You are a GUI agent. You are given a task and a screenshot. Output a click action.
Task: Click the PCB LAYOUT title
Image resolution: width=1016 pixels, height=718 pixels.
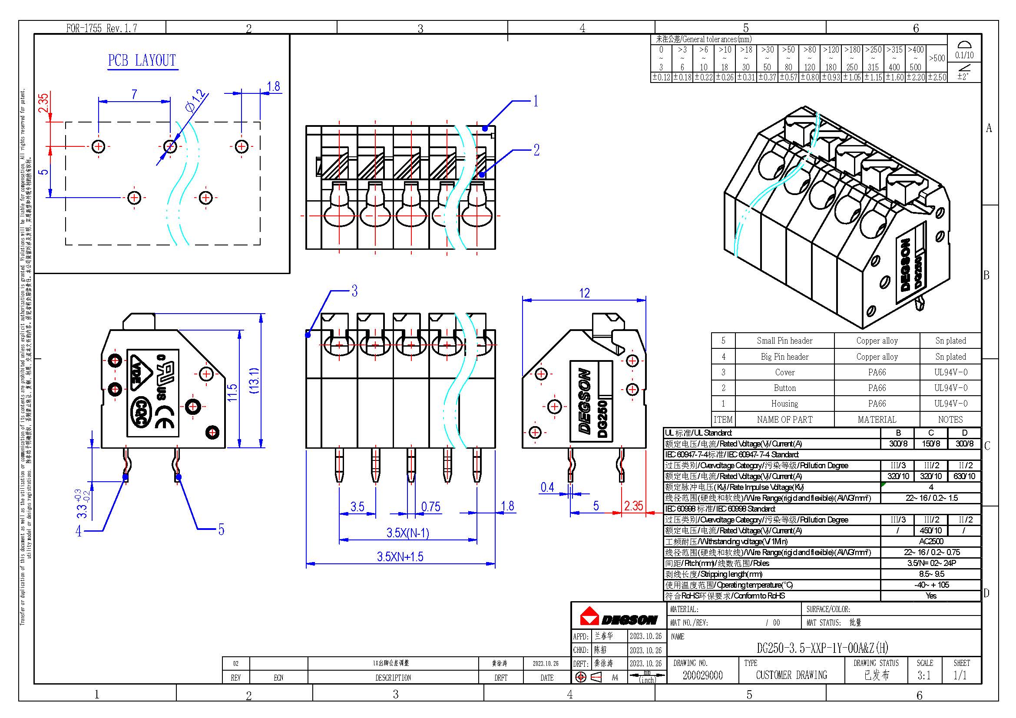coord(142,60)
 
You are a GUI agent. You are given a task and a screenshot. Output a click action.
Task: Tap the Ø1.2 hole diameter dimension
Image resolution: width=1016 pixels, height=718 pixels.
coord(195,101)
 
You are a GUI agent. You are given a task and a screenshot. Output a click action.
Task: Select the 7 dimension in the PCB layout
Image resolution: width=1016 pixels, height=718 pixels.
coord(134,94)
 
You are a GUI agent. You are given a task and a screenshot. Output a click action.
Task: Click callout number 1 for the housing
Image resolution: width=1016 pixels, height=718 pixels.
coord(536,101)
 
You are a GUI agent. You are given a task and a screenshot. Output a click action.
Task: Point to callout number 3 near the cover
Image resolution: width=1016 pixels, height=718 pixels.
coord(354,291)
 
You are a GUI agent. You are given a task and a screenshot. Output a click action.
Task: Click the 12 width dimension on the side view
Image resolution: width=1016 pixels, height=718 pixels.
coord(584,293)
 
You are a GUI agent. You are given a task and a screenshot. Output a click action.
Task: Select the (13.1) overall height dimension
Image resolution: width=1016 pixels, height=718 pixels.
coord(254,381)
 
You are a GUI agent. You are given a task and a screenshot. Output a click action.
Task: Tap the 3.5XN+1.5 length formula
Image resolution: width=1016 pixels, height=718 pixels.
coord(400,556)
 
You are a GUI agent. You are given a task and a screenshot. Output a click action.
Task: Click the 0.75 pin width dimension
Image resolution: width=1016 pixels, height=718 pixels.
coord(430,507)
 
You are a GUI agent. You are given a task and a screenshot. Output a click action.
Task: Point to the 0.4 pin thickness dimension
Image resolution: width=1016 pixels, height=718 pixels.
coord(547,487)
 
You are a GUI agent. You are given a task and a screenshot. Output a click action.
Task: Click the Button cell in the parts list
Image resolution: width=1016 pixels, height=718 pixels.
coord(784,388)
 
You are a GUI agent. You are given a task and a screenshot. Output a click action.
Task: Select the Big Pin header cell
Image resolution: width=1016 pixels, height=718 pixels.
coord(784,357)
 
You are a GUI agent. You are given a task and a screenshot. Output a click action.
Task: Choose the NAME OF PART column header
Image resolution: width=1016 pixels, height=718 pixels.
coord(784,420)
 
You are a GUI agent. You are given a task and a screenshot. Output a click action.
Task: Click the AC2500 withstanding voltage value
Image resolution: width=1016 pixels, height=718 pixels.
coord(931,542)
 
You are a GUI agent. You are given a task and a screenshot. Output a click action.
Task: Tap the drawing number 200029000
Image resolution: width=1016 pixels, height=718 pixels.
coord(703,675)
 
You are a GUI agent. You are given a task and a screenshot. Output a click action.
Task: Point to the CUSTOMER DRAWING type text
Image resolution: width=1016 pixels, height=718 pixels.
coord(791,675)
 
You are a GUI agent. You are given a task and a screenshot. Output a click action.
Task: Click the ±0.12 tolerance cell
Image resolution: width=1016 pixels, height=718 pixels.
coord(661,77)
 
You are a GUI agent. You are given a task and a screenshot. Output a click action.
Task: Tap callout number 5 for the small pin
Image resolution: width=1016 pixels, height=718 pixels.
coord(221,529)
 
